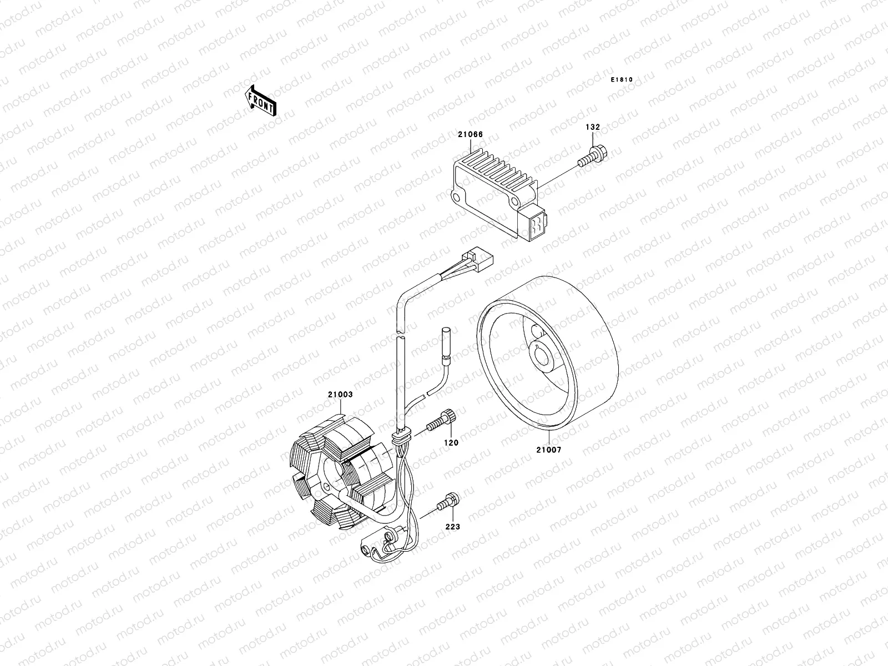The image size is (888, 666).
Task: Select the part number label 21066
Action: click(x=470, y=135)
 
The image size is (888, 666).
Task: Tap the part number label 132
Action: click(x=592, y=127)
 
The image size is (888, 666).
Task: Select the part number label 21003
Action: click(x=340, y=395)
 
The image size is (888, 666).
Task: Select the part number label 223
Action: click(x=453, y=526)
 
